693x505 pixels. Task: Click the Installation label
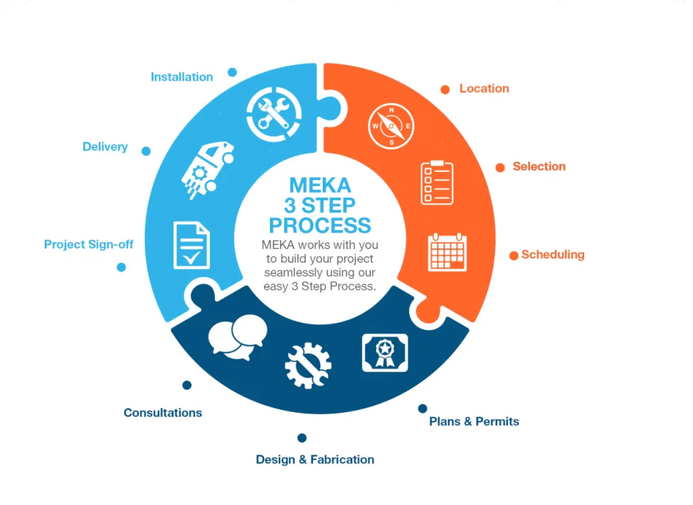181,77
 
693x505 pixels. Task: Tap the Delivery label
105,147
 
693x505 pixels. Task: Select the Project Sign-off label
89,244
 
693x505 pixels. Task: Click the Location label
484,89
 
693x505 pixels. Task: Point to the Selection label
539,167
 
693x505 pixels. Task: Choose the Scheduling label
553,255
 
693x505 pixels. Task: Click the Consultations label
162,412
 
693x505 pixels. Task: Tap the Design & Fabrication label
315,460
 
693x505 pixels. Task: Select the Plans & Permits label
474,421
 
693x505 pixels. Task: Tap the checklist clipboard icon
437,182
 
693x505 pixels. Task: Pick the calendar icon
447,252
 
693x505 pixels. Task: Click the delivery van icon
206,168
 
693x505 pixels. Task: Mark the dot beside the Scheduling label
514,255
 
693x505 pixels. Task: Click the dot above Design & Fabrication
302,438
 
